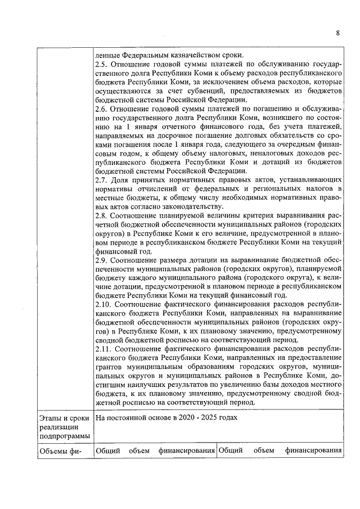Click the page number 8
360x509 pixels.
point(337,33)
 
